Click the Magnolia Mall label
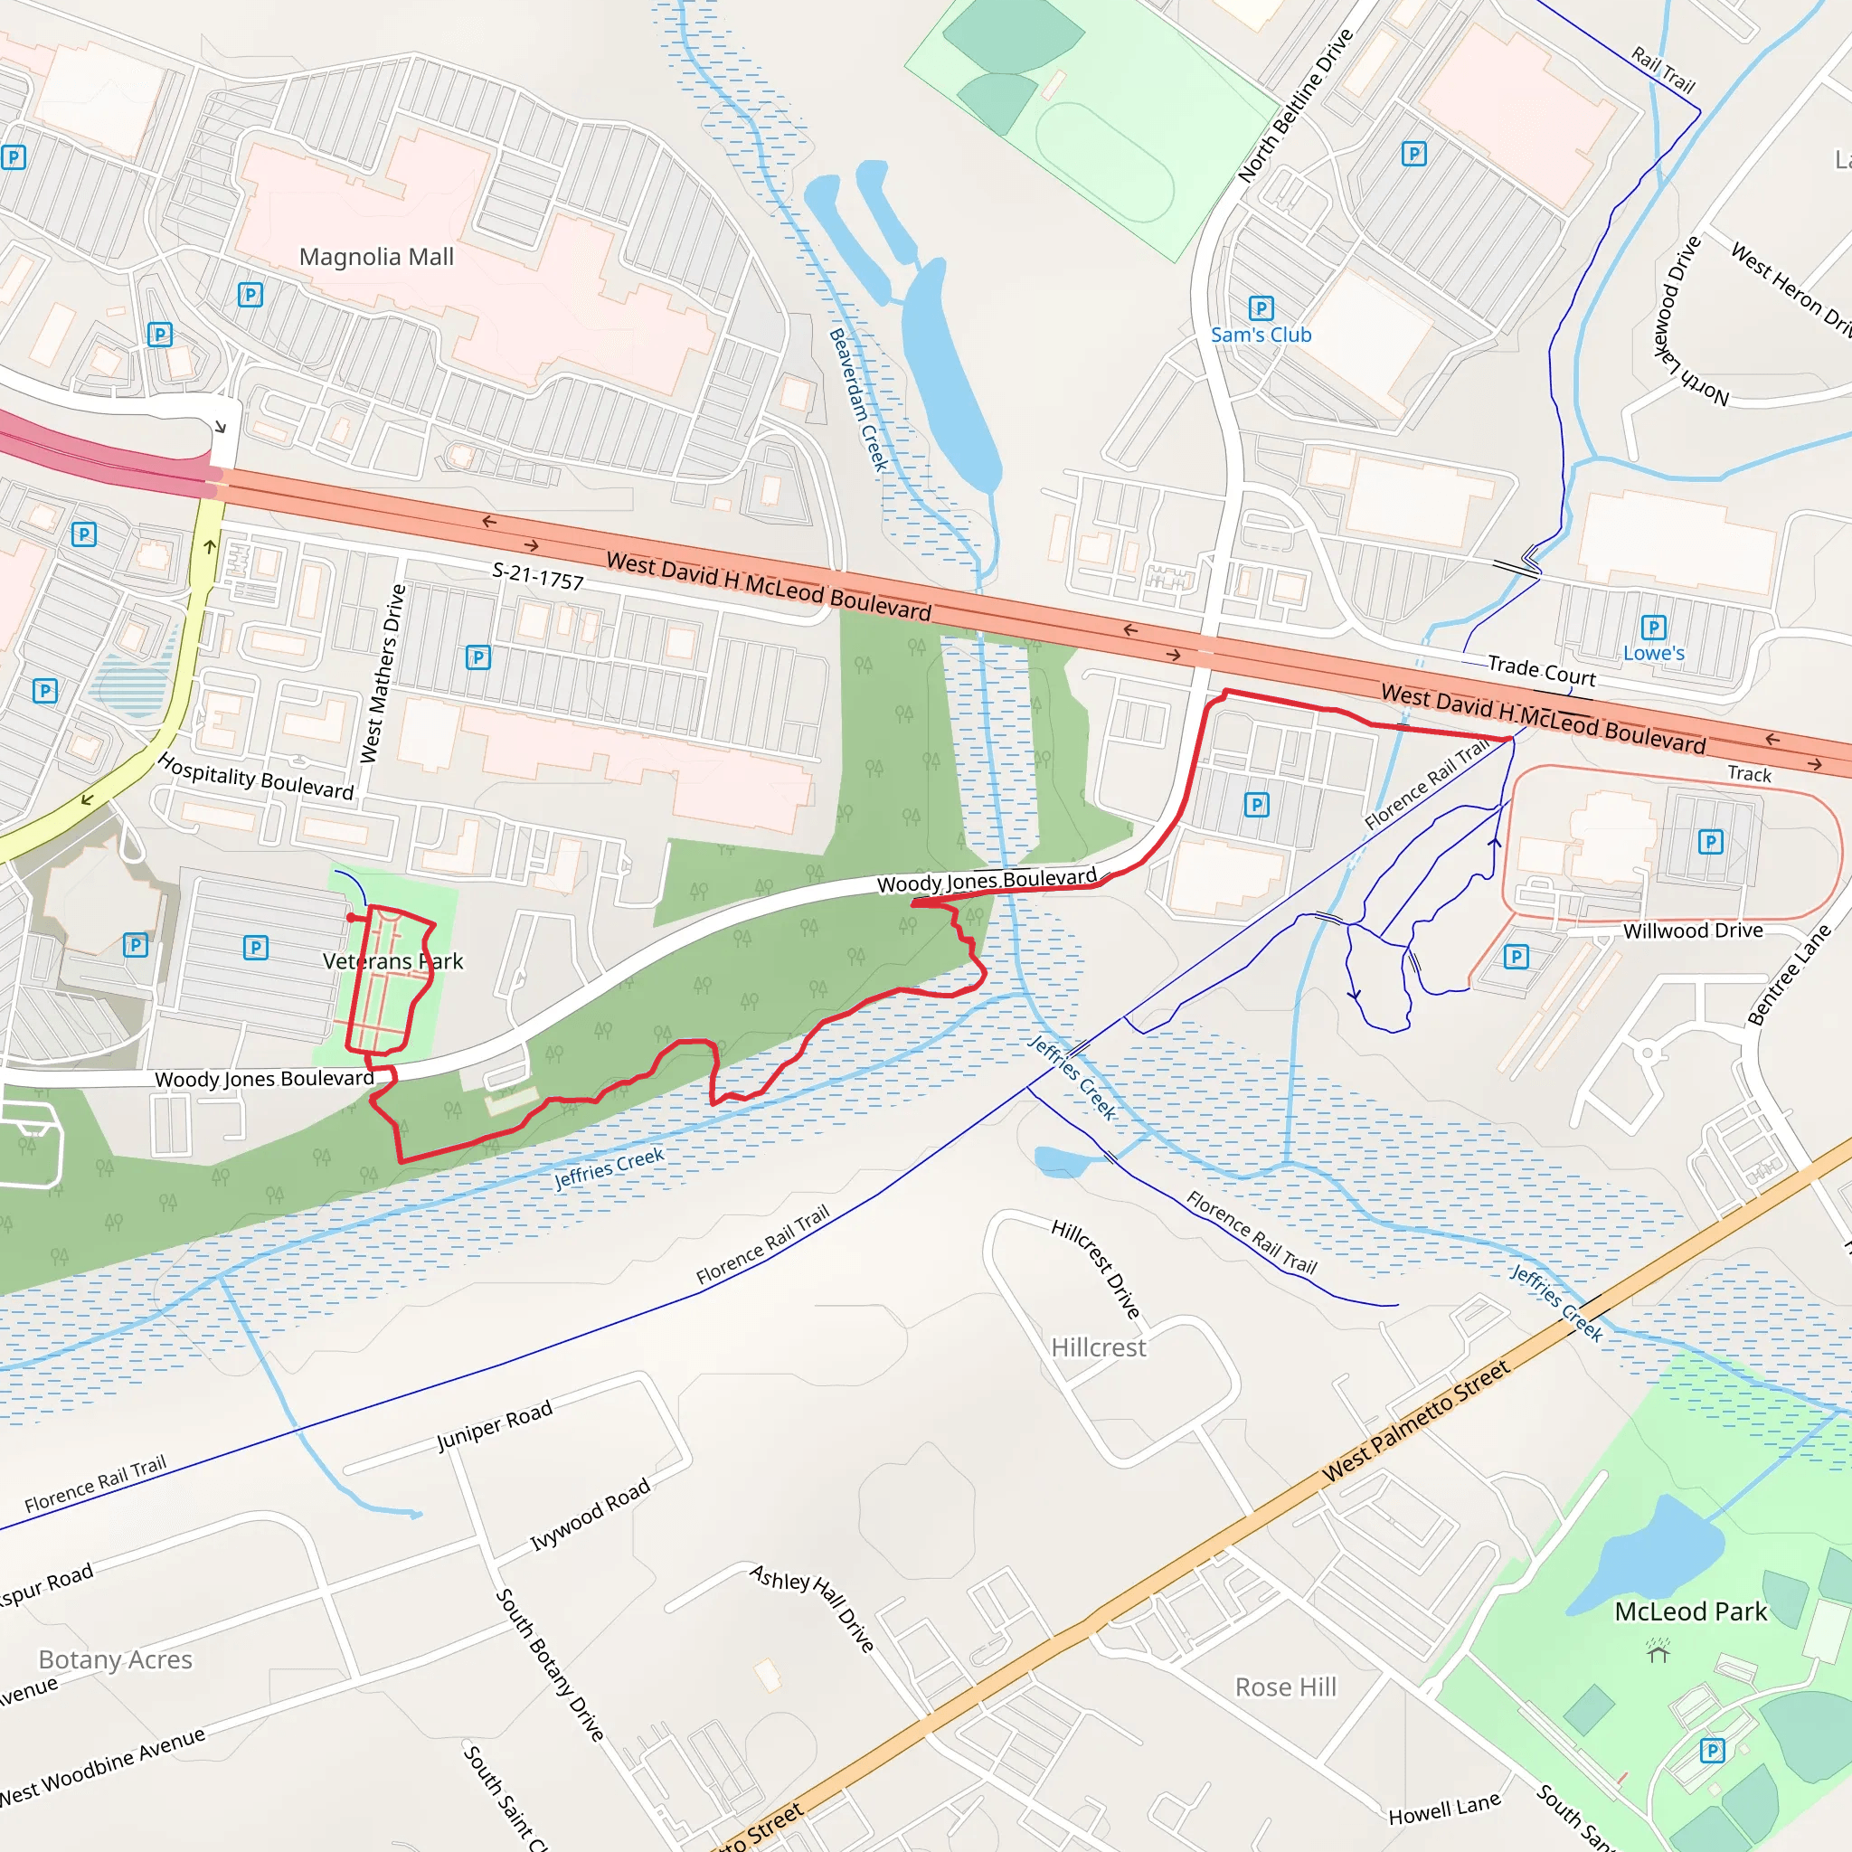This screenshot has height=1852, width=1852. click(x=376, y=257)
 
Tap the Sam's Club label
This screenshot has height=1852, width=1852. click(x=1261, y=335)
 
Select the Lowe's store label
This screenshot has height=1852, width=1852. click(x=1654, y=653)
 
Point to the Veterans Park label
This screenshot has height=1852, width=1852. click(x=393, y=960)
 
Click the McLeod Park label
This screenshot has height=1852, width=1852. click(x=1690, y=1611)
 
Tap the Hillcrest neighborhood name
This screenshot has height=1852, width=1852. click(x=1099, y=1347)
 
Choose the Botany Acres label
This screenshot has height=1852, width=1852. click(x=115, y=1659)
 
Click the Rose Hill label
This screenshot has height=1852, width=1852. click(x=1286, y=1687)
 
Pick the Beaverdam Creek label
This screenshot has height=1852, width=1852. click(x=858, y=400)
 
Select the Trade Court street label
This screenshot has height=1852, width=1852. click(x=1542, y=671)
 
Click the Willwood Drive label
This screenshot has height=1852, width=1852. click(x=1693, y=930)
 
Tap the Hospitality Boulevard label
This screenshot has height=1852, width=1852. click(x=256, y=777)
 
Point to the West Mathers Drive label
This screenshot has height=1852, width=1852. click(x=383, y=674)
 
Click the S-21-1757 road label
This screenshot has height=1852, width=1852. click(x=538, y=576)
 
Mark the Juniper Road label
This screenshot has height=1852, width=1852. click(x=495, y=1425)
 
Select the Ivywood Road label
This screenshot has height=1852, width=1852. click(x=591, y=1514)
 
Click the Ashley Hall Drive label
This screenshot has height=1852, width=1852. click(x=812, y=1608)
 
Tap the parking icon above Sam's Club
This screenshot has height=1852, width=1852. click(x=1261, y=307)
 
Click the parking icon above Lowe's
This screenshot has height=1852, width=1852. click(x=1654, y=627)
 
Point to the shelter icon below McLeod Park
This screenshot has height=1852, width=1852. click(x=1658, y=1650)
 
